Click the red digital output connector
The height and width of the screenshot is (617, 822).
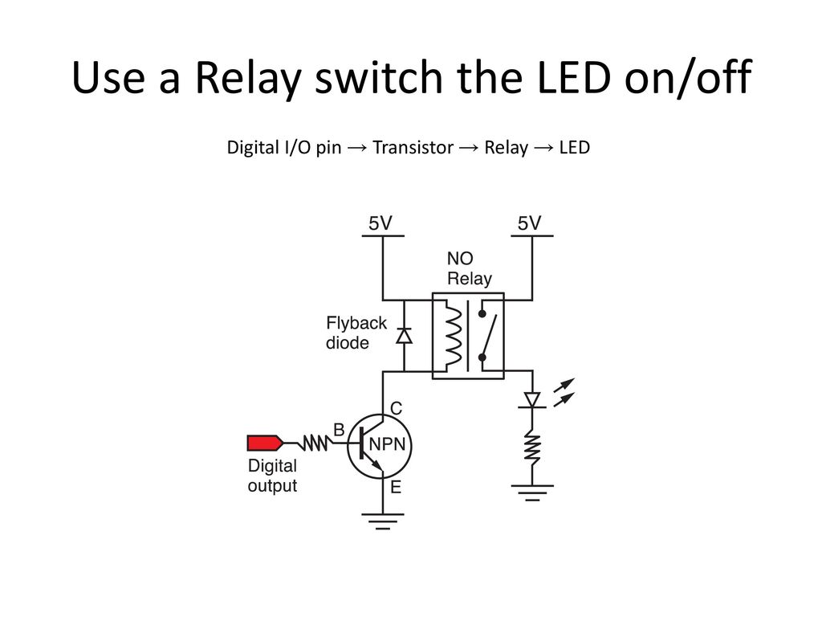(265, 443)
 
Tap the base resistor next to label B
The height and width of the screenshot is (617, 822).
(314, 443)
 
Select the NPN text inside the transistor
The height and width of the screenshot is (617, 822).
(388, 444)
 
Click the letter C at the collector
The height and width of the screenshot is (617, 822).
(397, 408)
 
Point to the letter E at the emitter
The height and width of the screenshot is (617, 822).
(396, 488)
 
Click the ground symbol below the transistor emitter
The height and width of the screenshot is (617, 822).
(383, 521)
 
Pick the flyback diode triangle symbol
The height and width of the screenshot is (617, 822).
(404, 335)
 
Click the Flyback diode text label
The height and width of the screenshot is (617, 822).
(356, 333)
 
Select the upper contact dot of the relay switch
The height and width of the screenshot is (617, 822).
(482, 314)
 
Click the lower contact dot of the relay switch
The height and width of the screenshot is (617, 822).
(482, 358)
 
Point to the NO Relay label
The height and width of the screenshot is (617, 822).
(469, 268)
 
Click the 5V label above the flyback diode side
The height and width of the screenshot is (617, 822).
(380, 223)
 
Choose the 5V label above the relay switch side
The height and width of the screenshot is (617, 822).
(530, 223)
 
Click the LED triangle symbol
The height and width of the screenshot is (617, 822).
(532, 400)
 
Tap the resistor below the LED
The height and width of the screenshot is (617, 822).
(532, 447)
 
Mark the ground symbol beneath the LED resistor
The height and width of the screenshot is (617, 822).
(532, 493)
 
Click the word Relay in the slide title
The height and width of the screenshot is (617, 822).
(248, 79)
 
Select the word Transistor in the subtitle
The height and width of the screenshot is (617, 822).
(413, 148)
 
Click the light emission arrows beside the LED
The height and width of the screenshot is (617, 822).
(564, 392)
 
